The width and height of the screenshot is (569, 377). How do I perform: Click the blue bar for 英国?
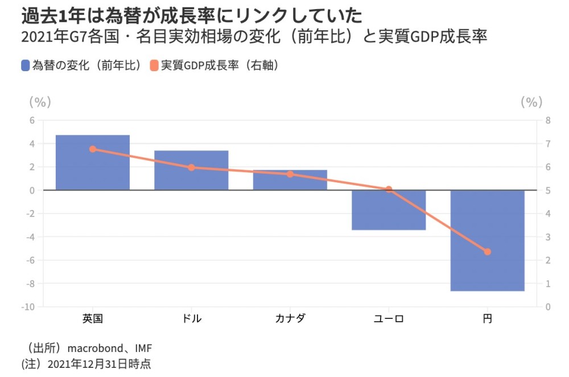pos(93,162)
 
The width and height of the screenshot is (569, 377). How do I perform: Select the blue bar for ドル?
pos(191,170)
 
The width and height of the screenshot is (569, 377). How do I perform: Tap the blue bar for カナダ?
pos(290,180)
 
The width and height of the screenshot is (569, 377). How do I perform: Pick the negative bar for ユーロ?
pos(389,210)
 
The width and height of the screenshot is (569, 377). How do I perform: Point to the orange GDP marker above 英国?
pos(93,149)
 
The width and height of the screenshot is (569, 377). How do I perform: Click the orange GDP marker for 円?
pos(487,252)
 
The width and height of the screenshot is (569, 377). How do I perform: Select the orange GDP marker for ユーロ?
pos(389,189)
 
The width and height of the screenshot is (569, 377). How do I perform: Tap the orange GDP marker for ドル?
pos(191,167)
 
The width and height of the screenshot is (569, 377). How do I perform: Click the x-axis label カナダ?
pos(290,318)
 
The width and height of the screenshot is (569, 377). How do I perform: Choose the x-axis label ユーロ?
pos(389,318)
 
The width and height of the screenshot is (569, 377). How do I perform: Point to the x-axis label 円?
pos(487,318)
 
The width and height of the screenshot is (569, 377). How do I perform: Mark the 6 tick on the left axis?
pos(32,120)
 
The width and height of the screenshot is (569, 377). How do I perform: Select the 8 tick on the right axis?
pos(548,120)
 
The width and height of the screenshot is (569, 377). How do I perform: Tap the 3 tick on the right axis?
pos(548,237)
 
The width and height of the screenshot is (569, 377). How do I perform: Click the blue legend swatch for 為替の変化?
pos(25,65)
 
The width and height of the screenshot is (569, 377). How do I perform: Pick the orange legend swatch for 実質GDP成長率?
pos(154,65)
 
